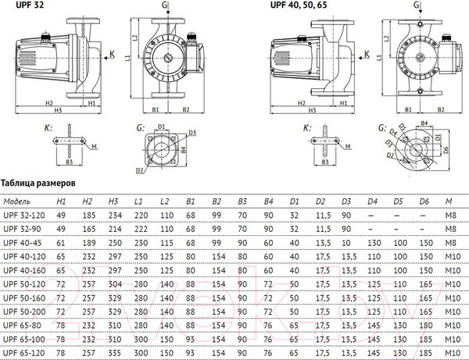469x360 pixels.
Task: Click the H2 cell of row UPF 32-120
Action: pos(88,214)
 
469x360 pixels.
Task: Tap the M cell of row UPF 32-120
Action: pos(450,214)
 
